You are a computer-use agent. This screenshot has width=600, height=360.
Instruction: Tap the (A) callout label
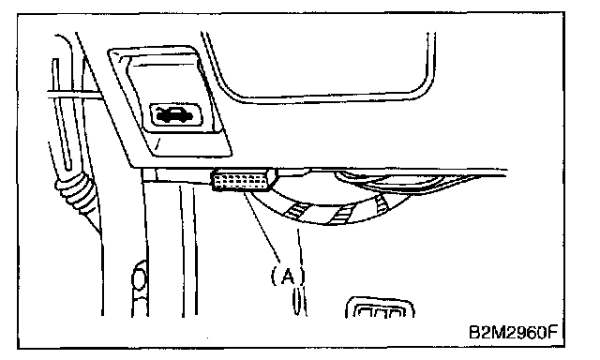(x=288, y=275)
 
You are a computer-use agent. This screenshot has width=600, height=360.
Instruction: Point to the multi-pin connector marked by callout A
(x=244, y=179)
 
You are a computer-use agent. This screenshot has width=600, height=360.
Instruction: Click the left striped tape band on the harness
(x=296, y=211)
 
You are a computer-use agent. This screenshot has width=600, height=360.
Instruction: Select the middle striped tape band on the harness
(x=341, y=215)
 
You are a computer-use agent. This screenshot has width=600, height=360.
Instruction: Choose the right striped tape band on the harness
(x=381, y=203)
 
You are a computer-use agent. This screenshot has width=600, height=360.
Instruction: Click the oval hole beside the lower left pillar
(x=140, y=278)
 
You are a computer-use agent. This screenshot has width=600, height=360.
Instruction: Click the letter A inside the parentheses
(x=288, y=275)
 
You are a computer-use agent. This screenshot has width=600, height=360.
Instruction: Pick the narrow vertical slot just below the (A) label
(x=296, y=302)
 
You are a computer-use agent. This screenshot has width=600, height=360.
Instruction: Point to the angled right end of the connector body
(x=273, y=178)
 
